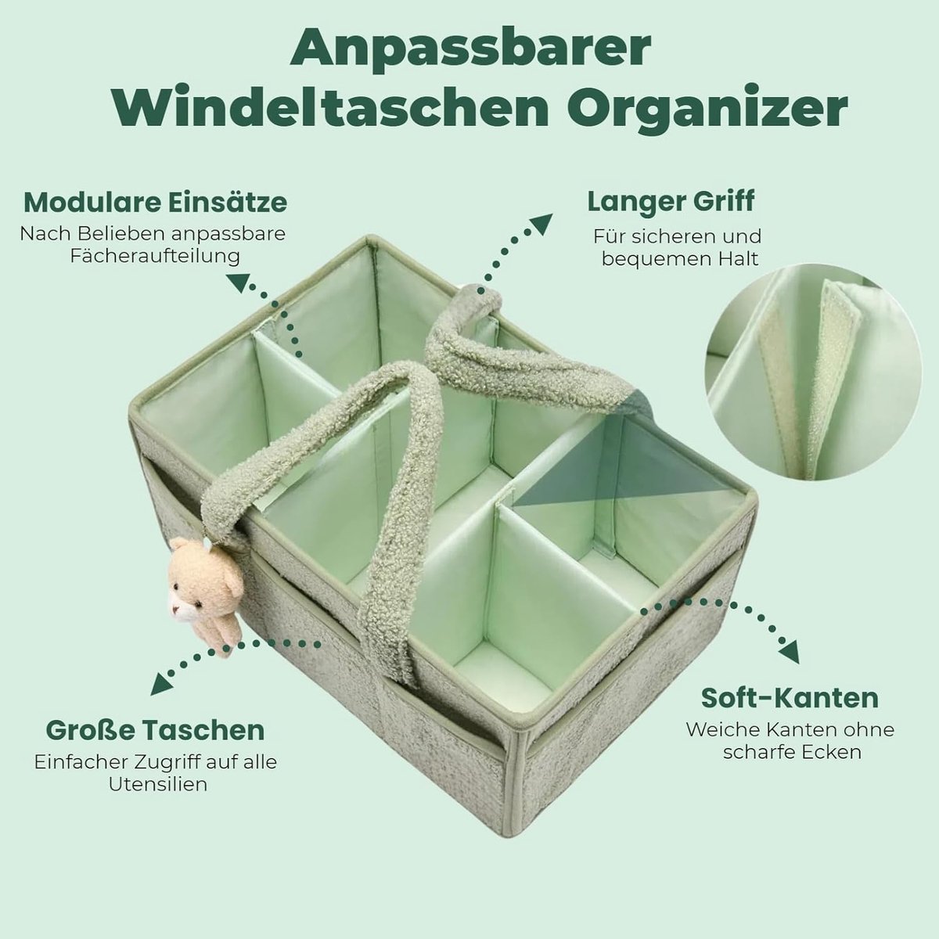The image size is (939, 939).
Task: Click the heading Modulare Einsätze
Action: (x=156, y=203)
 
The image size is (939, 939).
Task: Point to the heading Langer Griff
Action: (x=671, y=201)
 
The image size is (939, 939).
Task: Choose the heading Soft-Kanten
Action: (x=790, y=697)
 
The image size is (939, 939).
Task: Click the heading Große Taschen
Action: (x=156, y=729)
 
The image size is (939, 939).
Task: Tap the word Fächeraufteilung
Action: (x=155, y=257)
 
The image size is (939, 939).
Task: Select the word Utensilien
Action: (x=158, y=784)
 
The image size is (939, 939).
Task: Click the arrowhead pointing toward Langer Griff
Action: (x=541, y=223)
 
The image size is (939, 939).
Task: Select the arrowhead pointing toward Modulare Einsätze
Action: (x=239, y=283)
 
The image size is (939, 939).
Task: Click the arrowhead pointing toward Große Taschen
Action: (x=162, y=685)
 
